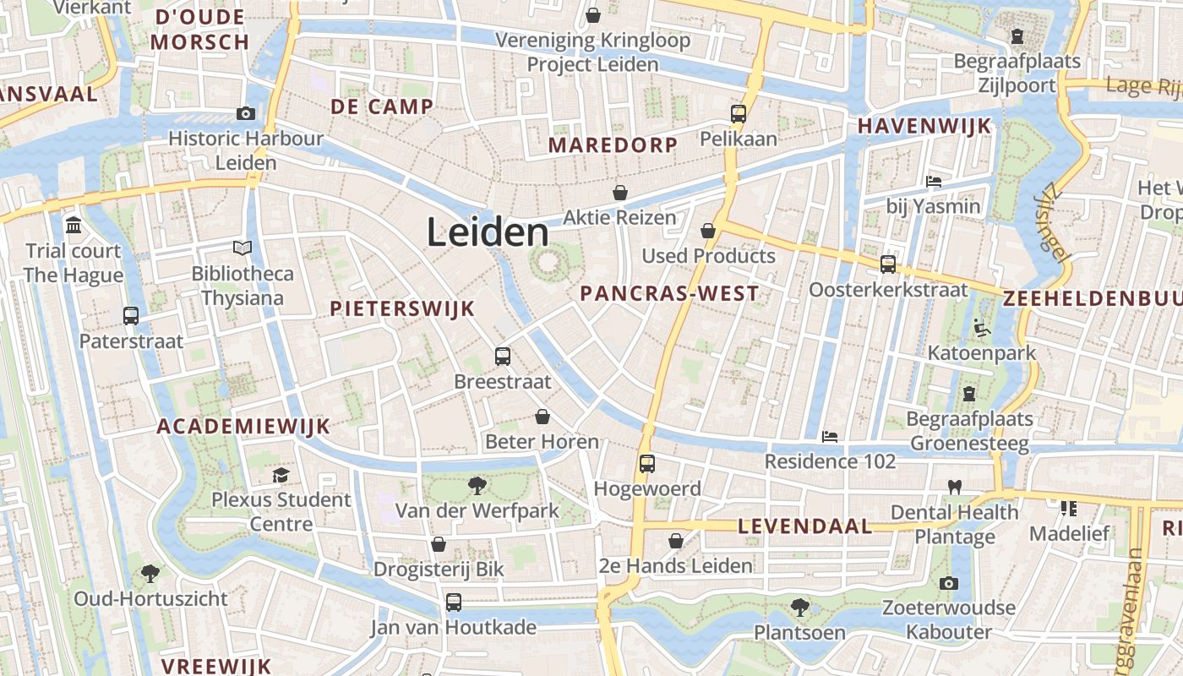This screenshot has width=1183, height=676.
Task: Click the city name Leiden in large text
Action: pos(488,232)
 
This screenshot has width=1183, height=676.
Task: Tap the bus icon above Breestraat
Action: pos(503,356)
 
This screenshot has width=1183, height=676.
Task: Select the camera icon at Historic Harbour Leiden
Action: pos(246,113)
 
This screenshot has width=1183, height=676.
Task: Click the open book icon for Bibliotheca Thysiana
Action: pos(243,248)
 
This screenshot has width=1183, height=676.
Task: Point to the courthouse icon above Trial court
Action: pos(74,226)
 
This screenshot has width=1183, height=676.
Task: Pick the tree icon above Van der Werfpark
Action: pos(477,485)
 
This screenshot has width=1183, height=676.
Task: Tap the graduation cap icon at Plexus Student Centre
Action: pos(281,475)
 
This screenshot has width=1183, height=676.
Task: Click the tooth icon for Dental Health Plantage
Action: pos(955,487)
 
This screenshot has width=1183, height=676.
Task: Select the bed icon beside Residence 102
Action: pos(830,436)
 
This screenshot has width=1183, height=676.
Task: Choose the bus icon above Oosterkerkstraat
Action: pos(888,264)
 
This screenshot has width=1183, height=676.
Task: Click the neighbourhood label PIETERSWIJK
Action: pos(402,308)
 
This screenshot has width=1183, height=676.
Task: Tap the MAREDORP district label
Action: pos(613,145)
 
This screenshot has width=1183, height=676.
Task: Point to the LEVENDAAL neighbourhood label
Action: pos(804,526)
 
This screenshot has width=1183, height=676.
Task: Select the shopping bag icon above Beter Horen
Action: pos(542,417)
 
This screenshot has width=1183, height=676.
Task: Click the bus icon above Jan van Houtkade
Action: pos(454,602)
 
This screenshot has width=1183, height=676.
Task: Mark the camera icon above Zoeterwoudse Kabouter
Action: pos(948,583)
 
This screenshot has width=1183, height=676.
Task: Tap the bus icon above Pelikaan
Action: pos(739,113)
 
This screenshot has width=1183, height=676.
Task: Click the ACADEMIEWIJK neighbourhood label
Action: pos(243,427)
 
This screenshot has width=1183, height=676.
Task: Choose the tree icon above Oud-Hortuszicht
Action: pos(150,574)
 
